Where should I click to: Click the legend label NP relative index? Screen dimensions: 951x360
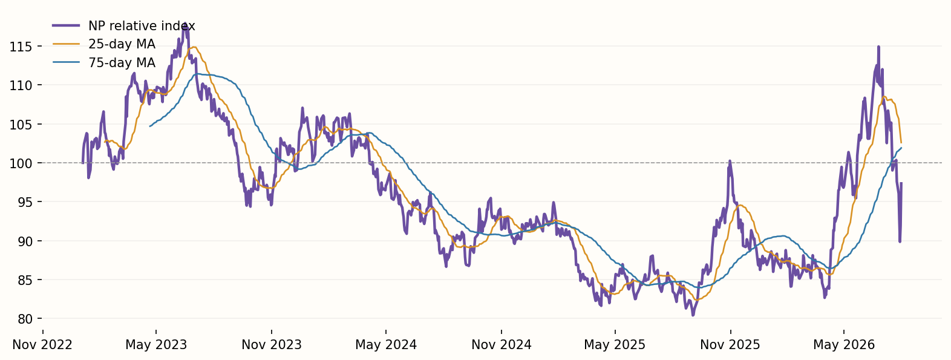point(142,27)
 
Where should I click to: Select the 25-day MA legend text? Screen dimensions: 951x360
point(122,44)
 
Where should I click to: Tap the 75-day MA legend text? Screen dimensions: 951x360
point(122,63)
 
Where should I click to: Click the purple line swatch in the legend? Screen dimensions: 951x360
point(66,25)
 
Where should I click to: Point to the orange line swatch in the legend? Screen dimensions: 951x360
point(66,44)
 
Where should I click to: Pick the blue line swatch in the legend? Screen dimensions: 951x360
point(66,62)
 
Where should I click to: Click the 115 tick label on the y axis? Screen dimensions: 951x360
point(21,46)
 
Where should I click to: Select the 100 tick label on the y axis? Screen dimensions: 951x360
point(21,163)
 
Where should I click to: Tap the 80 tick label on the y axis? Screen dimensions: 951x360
point(25,319)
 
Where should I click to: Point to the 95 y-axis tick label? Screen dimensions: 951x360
point(25,202)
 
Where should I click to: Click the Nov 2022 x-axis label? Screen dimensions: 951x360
point(42,345)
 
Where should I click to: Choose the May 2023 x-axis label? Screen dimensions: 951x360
point(156,345)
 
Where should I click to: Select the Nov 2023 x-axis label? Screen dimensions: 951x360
point(272,345)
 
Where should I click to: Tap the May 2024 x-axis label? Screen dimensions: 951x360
point(386,345)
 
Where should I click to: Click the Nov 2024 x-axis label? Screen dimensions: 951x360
point(502,345)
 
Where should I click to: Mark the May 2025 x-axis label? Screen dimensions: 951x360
point(615,345)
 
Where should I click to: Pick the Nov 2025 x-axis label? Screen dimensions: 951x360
point(730,345)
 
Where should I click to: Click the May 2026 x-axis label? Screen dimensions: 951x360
point(844,345)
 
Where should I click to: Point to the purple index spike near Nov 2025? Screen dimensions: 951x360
point(730,162)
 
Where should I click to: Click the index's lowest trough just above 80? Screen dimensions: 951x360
point(693,315)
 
